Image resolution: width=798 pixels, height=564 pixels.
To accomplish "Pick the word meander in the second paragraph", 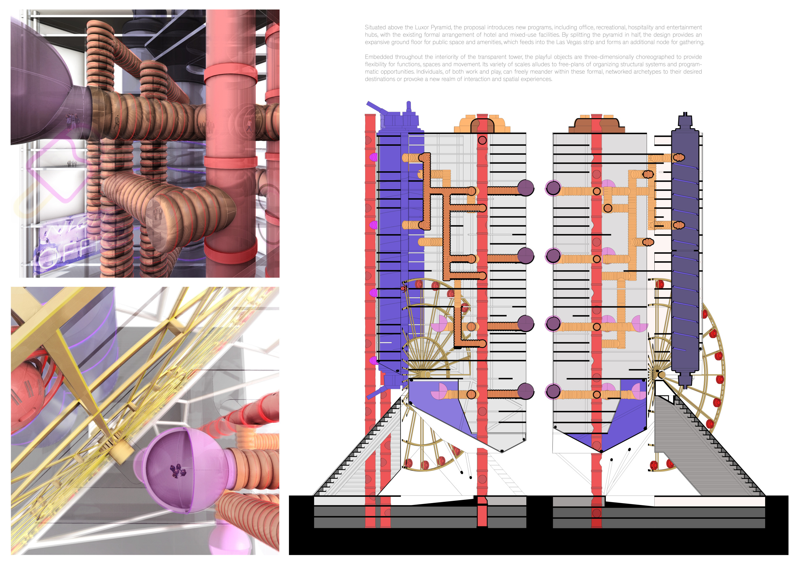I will pos(547,72).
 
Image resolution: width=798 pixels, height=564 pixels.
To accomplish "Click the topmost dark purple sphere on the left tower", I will pos(525,188).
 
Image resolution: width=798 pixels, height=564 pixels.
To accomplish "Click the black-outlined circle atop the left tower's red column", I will pos(482,140).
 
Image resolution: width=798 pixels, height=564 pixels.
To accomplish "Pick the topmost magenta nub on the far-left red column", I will pos(373,157).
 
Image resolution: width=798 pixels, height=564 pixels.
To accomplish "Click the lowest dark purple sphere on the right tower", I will pos(553,391).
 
